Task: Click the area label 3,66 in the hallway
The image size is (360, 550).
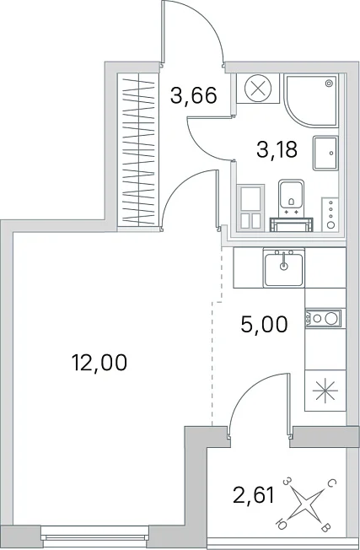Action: (194, 96)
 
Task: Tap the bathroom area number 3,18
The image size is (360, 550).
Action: (277, 149)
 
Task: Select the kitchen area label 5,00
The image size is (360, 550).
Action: (264, 324)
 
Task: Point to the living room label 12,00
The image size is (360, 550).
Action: (99, 363)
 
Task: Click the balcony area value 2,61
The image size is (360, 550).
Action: (254, 495)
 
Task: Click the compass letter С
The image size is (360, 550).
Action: (331, 484)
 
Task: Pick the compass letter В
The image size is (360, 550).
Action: (325, 527)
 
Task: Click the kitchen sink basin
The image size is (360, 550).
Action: (284, 269)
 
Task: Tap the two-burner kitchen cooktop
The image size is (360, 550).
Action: (323, 319)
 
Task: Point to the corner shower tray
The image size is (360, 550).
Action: (311, 100)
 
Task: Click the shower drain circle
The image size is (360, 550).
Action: (329, 84)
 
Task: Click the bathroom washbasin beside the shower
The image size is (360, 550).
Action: (325, 153)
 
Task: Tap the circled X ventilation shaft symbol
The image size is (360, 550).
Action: (258, 88)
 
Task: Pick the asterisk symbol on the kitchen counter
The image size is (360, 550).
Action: (325, 391)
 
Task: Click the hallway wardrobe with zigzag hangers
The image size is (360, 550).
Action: (138, 149)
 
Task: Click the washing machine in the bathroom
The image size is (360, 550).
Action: (251, 208)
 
